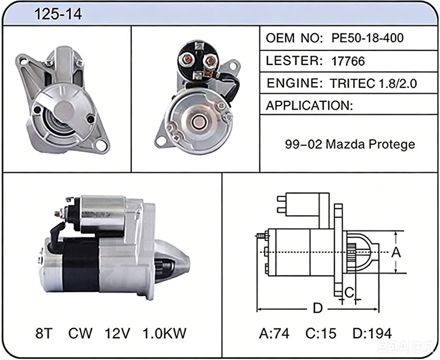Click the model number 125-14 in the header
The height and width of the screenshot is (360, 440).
pyautogui.click(x=58, y=14)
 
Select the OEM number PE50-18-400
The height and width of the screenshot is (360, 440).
pyautogui.click(x=368, y=38)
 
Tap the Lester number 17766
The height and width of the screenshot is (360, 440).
pyautogui.click(x=348, y=61)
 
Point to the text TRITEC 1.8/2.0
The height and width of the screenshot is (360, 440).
pyautogui.click(x=373, y=83)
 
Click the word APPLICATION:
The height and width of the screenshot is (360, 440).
pyautogui.click(x=309, y=106)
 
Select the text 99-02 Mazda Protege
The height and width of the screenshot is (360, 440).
pyautogui.click(x=350, y=144)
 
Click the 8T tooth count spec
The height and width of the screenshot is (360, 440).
pyautogui.click(x=44, y=333)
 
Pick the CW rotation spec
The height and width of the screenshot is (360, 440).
pyautogui.click(x=80, y=333)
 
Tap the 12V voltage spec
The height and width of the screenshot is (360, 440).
pyautogui.click(x=117, y=333)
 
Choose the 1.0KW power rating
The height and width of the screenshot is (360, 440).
pyautogui.click(x=164, y=333)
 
